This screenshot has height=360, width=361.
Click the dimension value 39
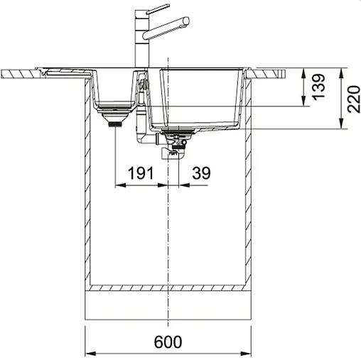[x=201, y=172]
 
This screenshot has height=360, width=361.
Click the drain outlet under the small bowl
[x=114, y=121]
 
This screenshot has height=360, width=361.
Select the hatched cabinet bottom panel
[x=169, y=288]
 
